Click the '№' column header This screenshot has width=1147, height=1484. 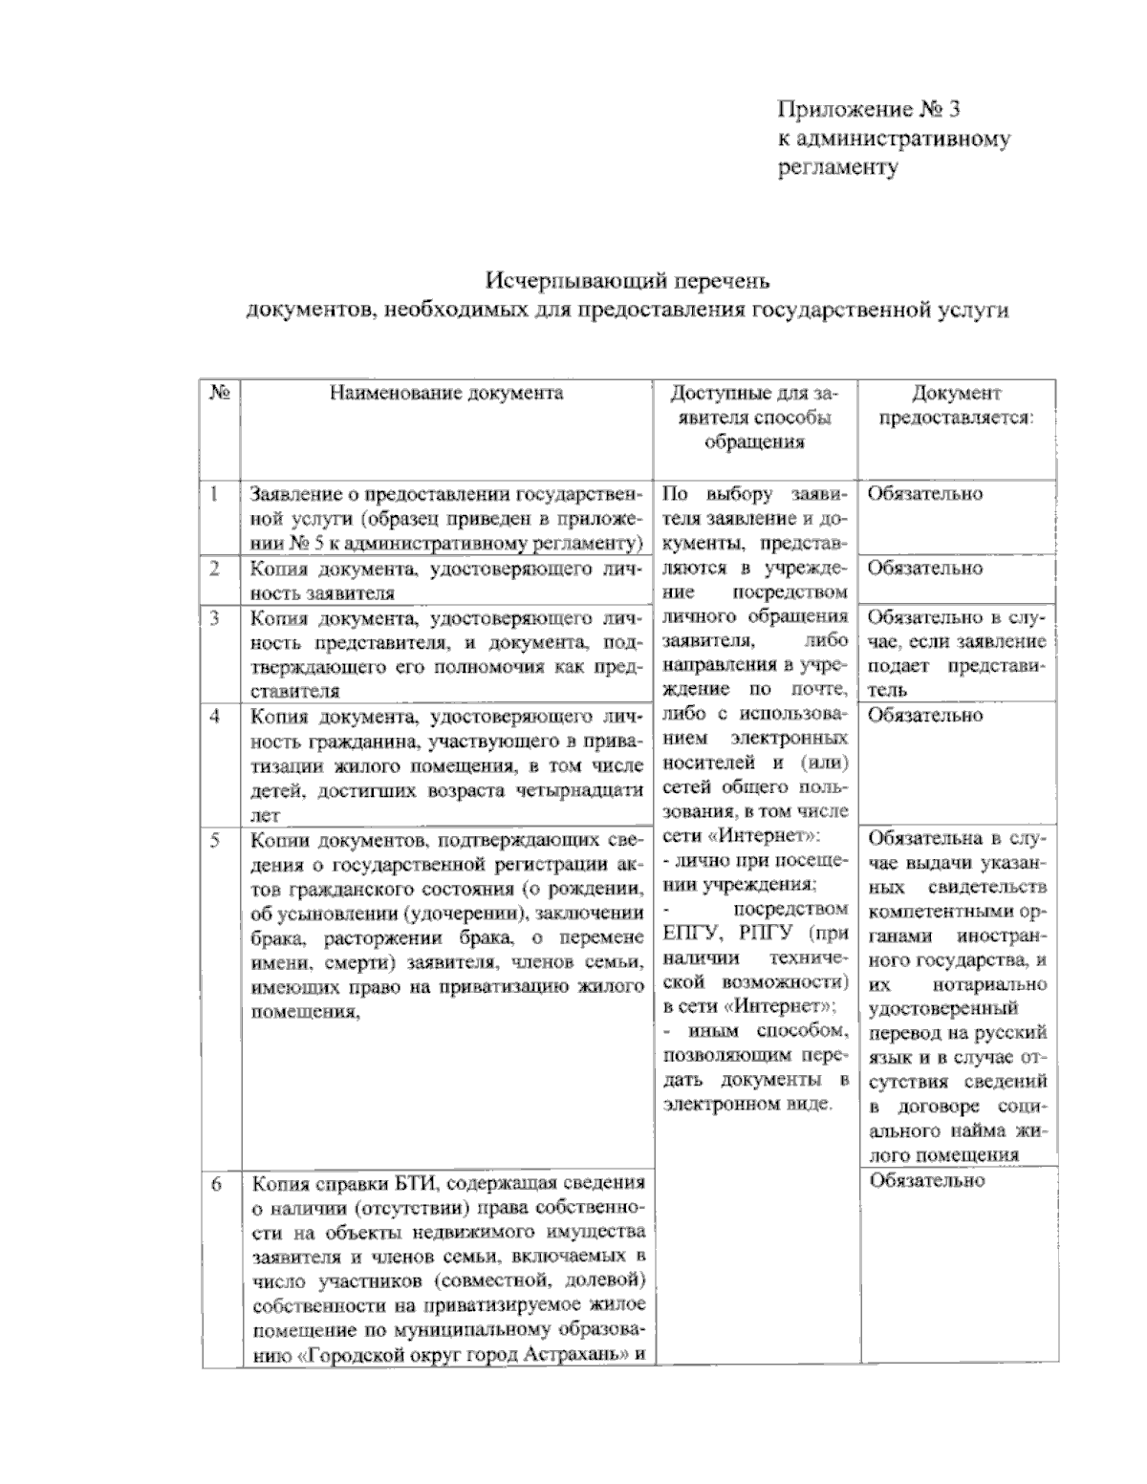point(218,393)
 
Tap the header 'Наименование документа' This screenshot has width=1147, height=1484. point(446,393)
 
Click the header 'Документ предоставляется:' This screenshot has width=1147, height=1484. point(956,405)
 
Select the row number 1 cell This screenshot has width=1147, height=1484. point(215,494)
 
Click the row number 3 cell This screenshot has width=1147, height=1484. point(215,618)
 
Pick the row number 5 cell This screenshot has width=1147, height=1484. point(216,840)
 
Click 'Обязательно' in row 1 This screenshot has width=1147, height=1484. point(924,494)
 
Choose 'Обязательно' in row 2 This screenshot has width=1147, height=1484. point(924,569)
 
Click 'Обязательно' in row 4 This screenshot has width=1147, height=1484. point(924,715)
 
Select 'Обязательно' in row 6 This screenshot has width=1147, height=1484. point(925,1180)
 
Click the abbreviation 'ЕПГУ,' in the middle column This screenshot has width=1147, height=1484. point(688,934)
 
